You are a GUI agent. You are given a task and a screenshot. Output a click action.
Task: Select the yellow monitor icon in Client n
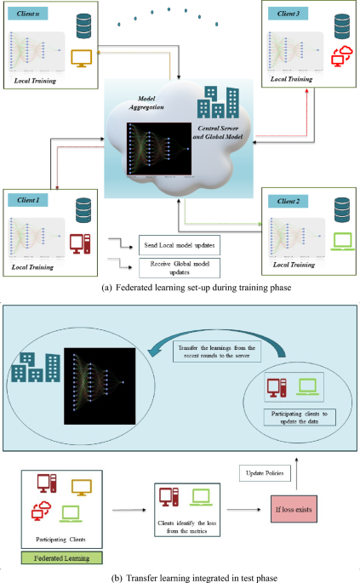(x=83, y=59)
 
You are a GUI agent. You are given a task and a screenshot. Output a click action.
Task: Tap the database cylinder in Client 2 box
(x=341, y=207)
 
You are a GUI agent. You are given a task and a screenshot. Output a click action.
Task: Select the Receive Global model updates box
(x=180, y=266)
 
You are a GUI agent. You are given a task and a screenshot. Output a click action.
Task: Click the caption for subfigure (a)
(x=180, y=287)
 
